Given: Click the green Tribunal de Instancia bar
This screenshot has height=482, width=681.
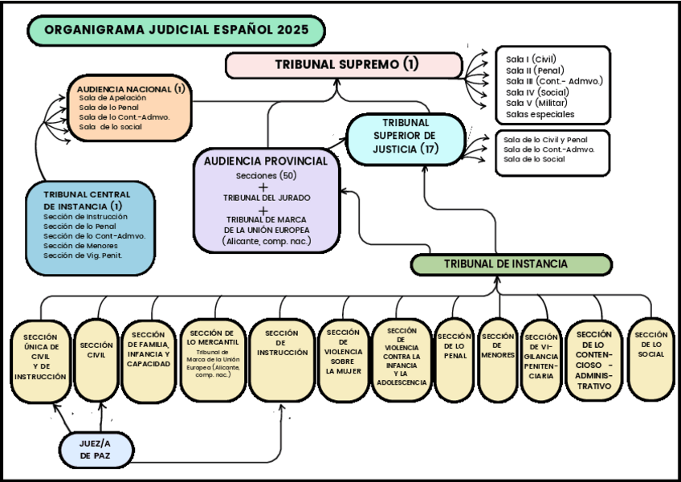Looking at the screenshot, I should pyautogui.click(x=511, y=264).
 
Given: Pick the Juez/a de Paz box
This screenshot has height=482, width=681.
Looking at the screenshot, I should pyautogui.click(x=96, y=448).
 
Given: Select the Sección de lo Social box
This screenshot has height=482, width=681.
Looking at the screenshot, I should pyautogui.click(x=650, y=359).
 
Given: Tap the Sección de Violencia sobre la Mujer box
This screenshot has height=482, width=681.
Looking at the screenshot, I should pyautogui.click(x=343, y=359).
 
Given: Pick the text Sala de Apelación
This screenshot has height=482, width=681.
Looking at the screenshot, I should pyautogui.click(x=107, y=98).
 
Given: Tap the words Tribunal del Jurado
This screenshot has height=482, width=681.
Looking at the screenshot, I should pyautogui.click(x=267, y=198).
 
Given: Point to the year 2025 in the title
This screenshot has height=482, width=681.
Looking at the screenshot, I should pyautogui.click(x=296, y=31).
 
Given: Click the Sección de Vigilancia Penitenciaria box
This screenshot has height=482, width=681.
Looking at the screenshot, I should pyautogui.click(x=540, y=360).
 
